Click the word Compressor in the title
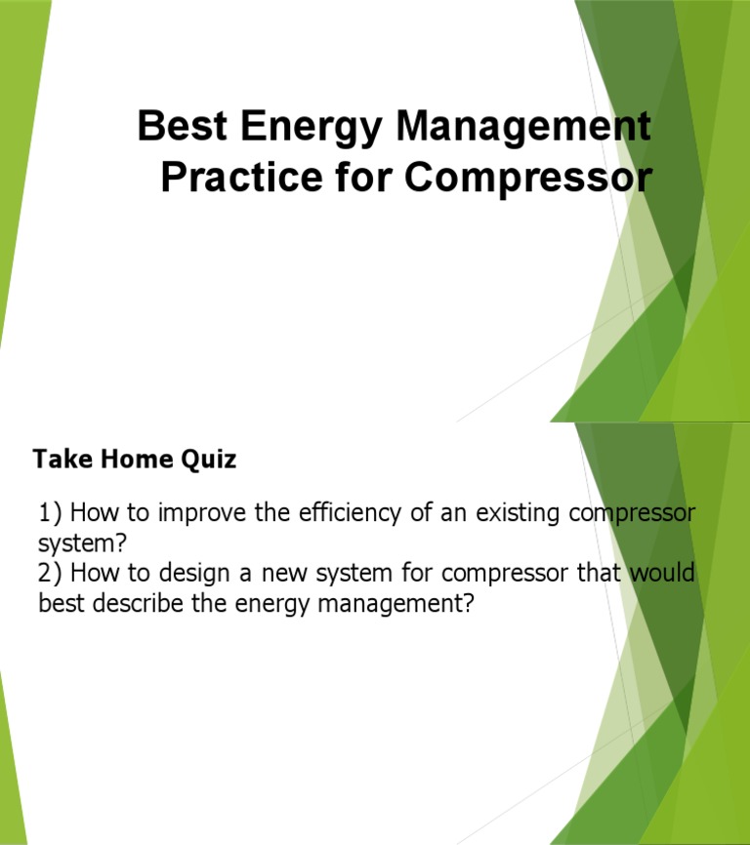pyautogui.click(x=527, y=178)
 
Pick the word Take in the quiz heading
pyautogui.click(x=60, y=459)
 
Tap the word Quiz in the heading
pyautogui.click(x=207, y=460)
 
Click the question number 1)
pyautogui.click(x=51, y=513)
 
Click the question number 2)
pyautogui.click(x=51, y=574)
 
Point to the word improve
pyautogui.click(x=203, y=513)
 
